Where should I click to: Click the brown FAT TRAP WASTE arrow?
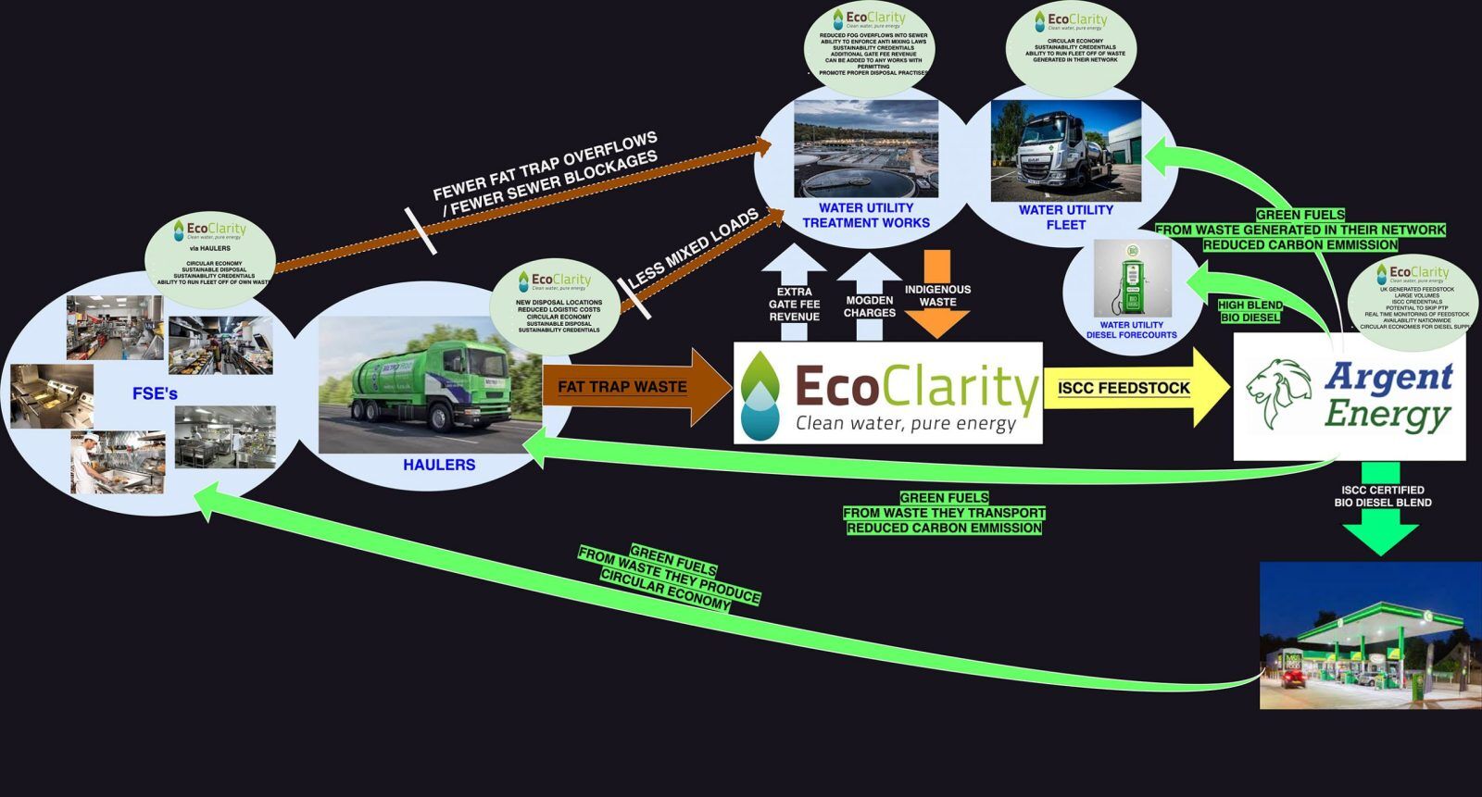pyautogui.click(x=630, y=387)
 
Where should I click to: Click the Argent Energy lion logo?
pyautogui.click(x=1278, y=394)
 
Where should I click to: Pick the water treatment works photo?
pyautogui.click(x=866, y=148)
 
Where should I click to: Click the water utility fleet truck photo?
pyautogui.click(x=1065, y=151)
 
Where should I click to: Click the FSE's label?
pyautogui.click(x=155, y=394)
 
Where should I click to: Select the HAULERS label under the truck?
pyautogui.click(x=439, y=465)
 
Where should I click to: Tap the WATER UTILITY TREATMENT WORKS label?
pyautogui.click(x=866, y=216)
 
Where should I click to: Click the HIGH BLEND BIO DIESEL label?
pyautogui.click(x=1250, y=311)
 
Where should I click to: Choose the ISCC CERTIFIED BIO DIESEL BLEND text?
pyautogui.click(x=1382, y=496)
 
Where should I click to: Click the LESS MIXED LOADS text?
pyautogui.click(x=693, y=248)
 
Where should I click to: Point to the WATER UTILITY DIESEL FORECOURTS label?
pyautogui.click(x=1132, y=330)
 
